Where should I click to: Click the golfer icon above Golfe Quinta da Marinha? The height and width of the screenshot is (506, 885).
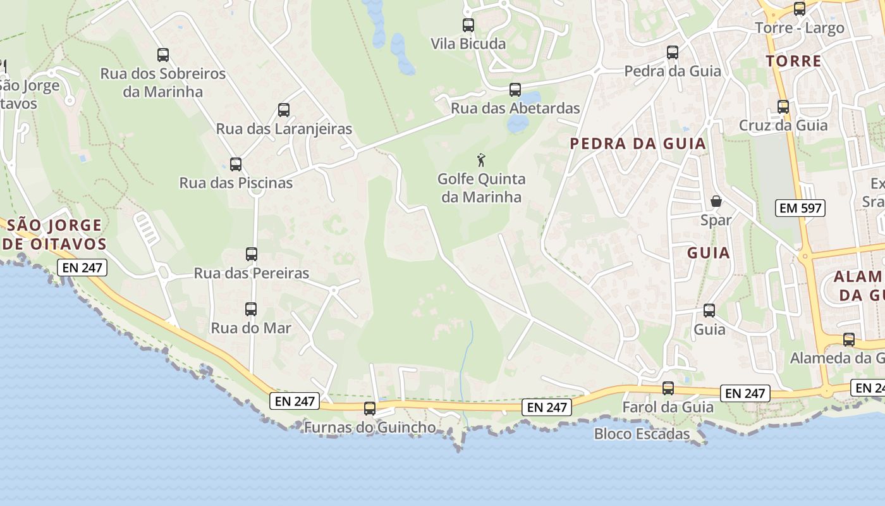tap(481, 159)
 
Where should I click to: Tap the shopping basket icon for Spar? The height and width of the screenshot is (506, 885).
tap(716, 201)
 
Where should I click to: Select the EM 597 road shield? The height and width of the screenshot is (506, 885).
tap(801, 207)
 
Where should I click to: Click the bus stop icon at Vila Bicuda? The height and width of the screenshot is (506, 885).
tap(468, 25)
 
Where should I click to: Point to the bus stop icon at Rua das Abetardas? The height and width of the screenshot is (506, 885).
tap(515, 90)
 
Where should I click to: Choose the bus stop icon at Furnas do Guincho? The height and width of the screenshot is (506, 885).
tap(370, 409)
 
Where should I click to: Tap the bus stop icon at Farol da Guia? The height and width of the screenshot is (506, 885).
tap(668, 388)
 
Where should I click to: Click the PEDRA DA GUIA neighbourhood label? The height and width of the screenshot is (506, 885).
tap(638, 144)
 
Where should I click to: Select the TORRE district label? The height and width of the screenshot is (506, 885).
tap(794, 61)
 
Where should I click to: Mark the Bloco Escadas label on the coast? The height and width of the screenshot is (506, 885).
tap(642, 434)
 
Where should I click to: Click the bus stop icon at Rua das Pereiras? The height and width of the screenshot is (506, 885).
tap(252, 254)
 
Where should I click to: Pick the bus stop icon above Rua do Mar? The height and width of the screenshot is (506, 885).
tap(251, 309)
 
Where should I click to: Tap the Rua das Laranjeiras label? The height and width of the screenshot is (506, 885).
tap(284, 129)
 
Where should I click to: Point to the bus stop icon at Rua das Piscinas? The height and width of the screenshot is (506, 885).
tap(236, 164)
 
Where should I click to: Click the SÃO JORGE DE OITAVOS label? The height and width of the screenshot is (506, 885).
tap(53, 234)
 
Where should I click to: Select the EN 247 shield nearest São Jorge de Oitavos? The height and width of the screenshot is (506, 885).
tap(83, 268)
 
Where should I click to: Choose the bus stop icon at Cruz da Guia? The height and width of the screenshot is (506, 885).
tap(783, 107)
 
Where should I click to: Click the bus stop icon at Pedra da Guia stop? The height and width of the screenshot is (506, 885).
tap(673, 52)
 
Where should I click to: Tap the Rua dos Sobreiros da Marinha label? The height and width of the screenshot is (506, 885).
tap(162, 82)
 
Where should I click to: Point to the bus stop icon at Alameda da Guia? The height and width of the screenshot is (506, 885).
tap(849, 340)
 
